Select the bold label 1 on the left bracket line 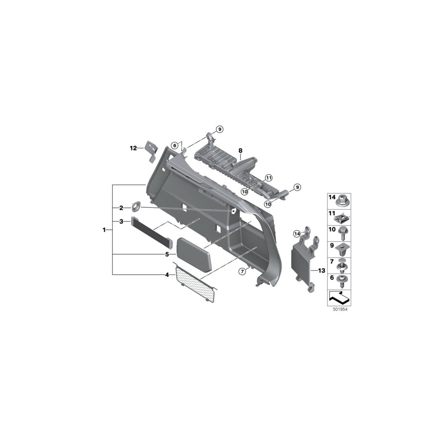pos(104,229)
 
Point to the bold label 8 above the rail pos(240,151)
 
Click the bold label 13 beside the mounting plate pos(321,270)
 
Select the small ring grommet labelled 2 pos(136,207)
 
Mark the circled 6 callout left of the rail pos(174,145)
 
